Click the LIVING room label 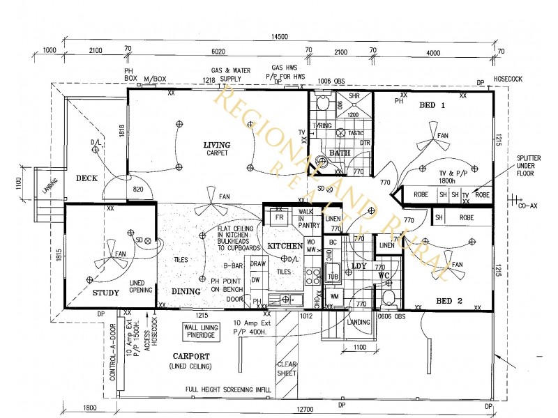pyautogui.click(x=216, y=145)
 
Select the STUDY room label pyautogui.click(x=106, y=293)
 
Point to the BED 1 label pyautogui.click(x=432, y=105)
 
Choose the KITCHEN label pyautogui.click(x=285, y=246)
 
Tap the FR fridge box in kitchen pyautogui.click(x=279, y=217)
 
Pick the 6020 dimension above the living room pyautogui.click(x=219, y=52)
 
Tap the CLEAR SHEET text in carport pyautogui.click(x=287, y=369)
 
